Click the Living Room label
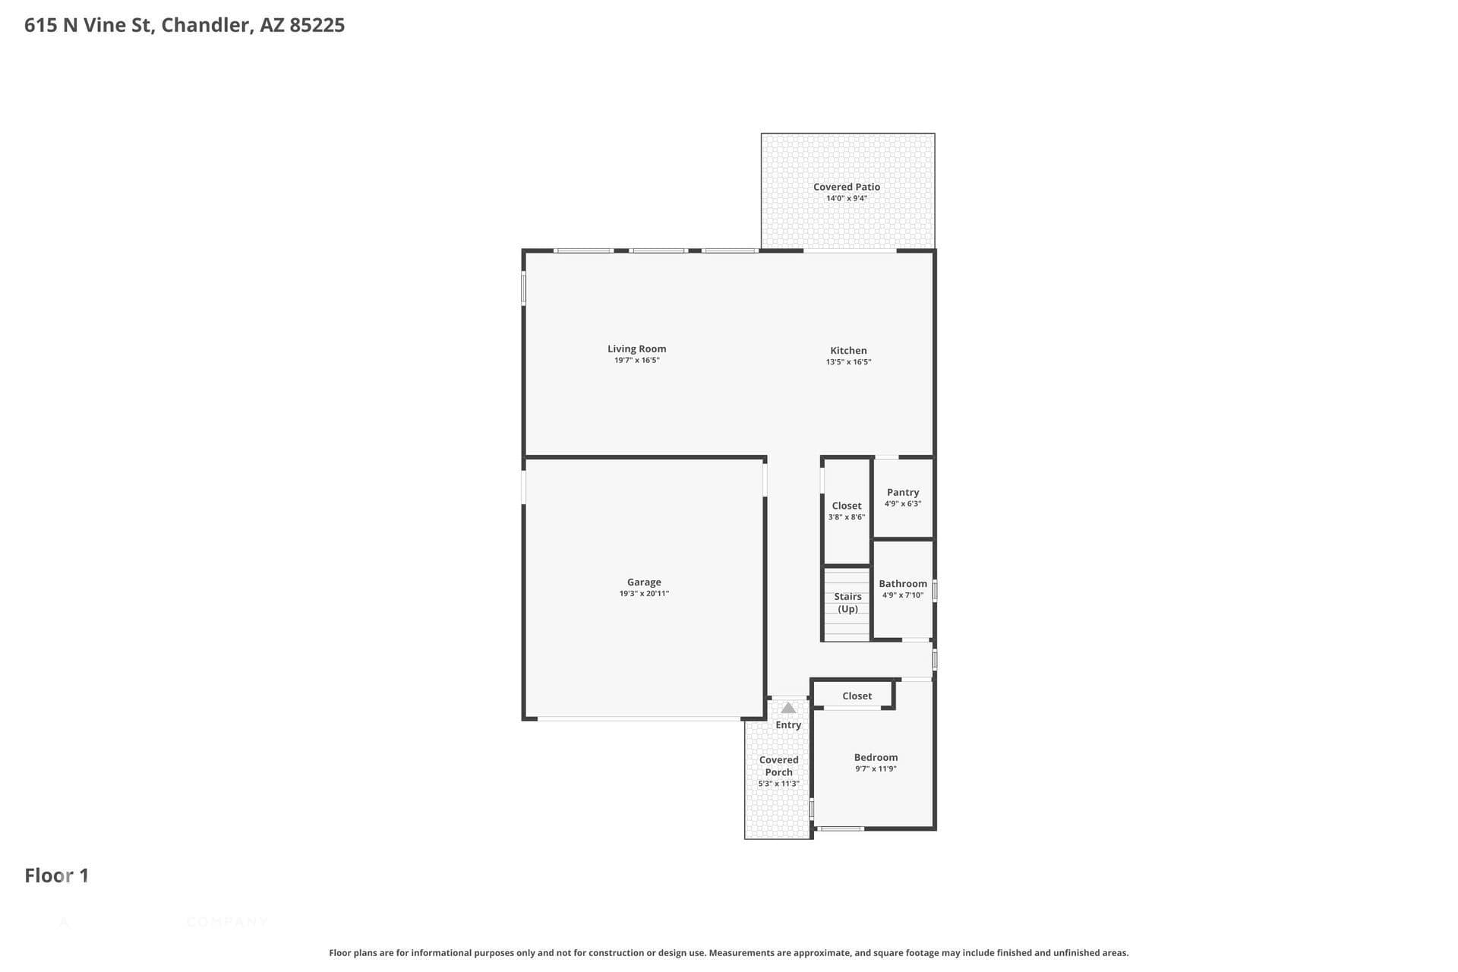click(x=636, y=349)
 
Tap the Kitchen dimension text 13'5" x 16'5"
click(x=848, y=362)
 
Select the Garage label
click(x=644, y=582)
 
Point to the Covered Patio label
click(x=847, y=187)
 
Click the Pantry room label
click(x=903, y=493)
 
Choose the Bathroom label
click(x=903, y=584)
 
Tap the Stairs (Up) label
click(x=847, y=603)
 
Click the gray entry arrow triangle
click(x=788, y=708)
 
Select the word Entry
click(x=788, y=725)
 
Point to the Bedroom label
click(x=876, y=758)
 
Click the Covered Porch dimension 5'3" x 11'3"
click(x=778, y=784)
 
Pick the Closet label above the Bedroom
click(x=857, y=696)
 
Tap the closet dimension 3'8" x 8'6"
click(x=847, y=517)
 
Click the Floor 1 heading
click(x=57, y=876)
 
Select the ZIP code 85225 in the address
click(x=317, y=25)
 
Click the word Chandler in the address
click(x=206, y=25)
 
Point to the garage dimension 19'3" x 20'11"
click(x=644, y=594)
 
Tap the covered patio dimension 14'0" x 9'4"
click(x=847, y=199)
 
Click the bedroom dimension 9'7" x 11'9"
click(x=876, y=769)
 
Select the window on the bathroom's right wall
click(x=935, y=590)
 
